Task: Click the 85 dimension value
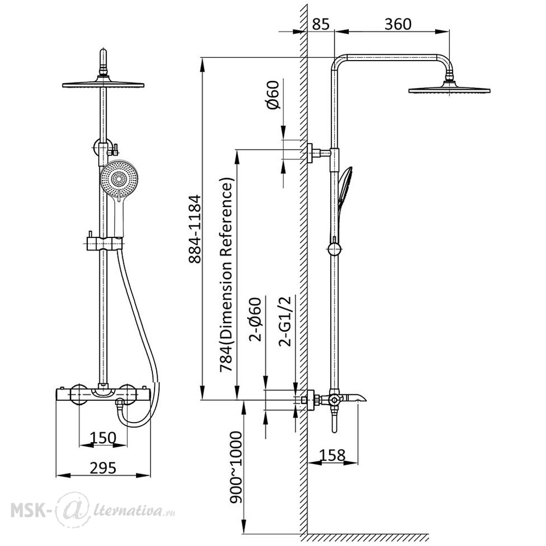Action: tap(321, 25)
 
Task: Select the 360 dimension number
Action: tap(397, 25)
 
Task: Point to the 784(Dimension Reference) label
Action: tap(227, 275)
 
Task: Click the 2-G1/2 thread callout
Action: tap(285, 321)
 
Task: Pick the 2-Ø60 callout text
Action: tap(255, 319)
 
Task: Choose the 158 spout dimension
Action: tap(332, 455)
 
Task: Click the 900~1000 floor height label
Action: tap(236, 467)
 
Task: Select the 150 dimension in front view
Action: tap(103, 438)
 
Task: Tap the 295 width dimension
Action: tap(103, 468)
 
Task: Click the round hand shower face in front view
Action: tap(118, 179)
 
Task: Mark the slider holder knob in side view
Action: tap(334, 248)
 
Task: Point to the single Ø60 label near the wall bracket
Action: tap(274, 94)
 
